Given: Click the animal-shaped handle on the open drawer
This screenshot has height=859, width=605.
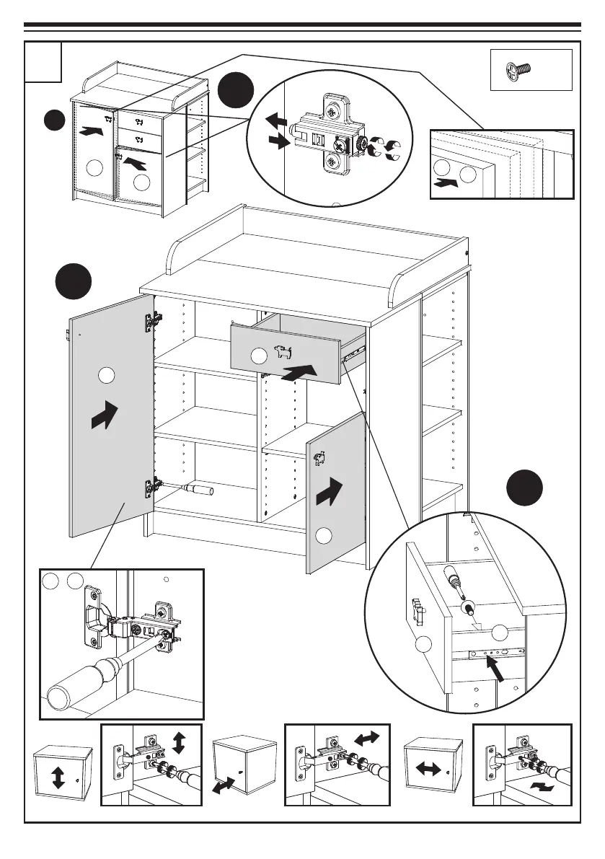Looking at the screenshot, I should tap(283, 353).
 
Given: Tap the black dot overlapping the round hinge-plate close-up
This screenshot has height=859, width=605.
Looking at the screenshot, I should tap(236, 91).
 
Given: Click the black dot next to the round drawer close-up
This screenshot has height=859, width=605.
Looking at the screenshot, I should tap(524, 488).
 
